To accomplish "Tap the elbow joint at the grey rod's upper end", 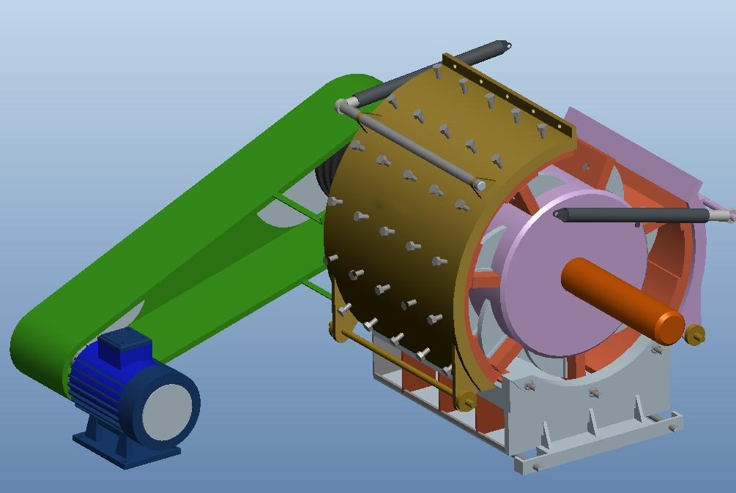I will pyautogui.click(x=343, y=107).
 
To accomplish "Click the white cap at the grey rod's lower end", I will pyautogui.click(x=480, y=186).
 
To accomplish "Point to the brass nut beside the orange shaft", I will pyautogui.click(x=695, y=334).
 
